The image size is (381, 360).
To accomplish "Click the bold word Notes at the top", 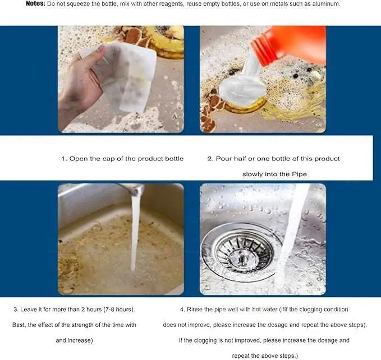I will [x=36, y=4].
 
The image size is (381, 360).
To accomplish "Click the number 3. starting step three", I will [x=16, y=310].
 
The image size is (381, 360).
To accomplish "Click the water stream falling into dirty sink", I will [x=135, y=236].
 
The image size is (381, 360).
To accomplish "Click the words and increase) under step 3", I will [x=74, y=340].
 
